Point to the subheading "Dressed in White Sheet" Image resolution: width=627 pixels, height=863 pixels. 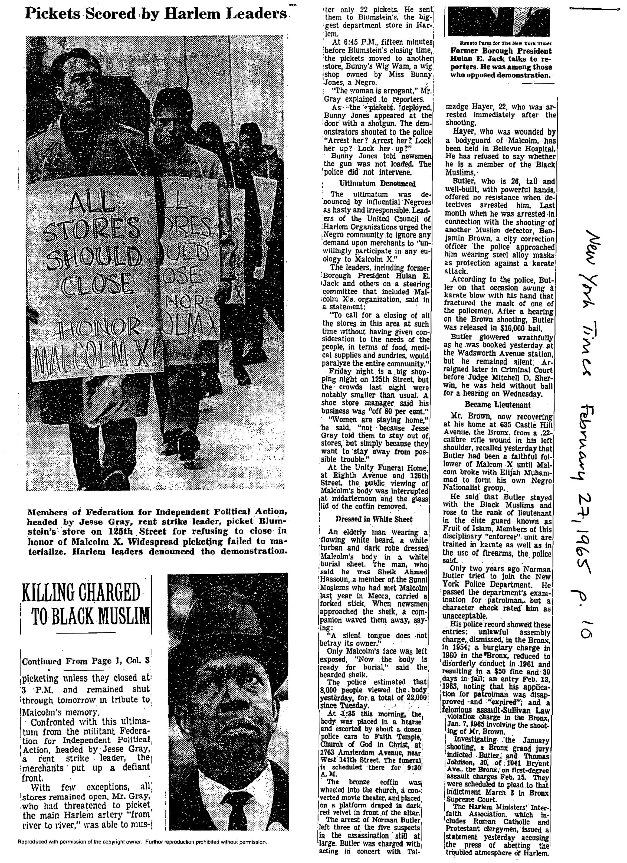tap(374, 519)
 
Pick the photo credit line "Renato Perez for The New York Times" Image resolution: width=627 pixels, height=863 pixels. tap(501, 43)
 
